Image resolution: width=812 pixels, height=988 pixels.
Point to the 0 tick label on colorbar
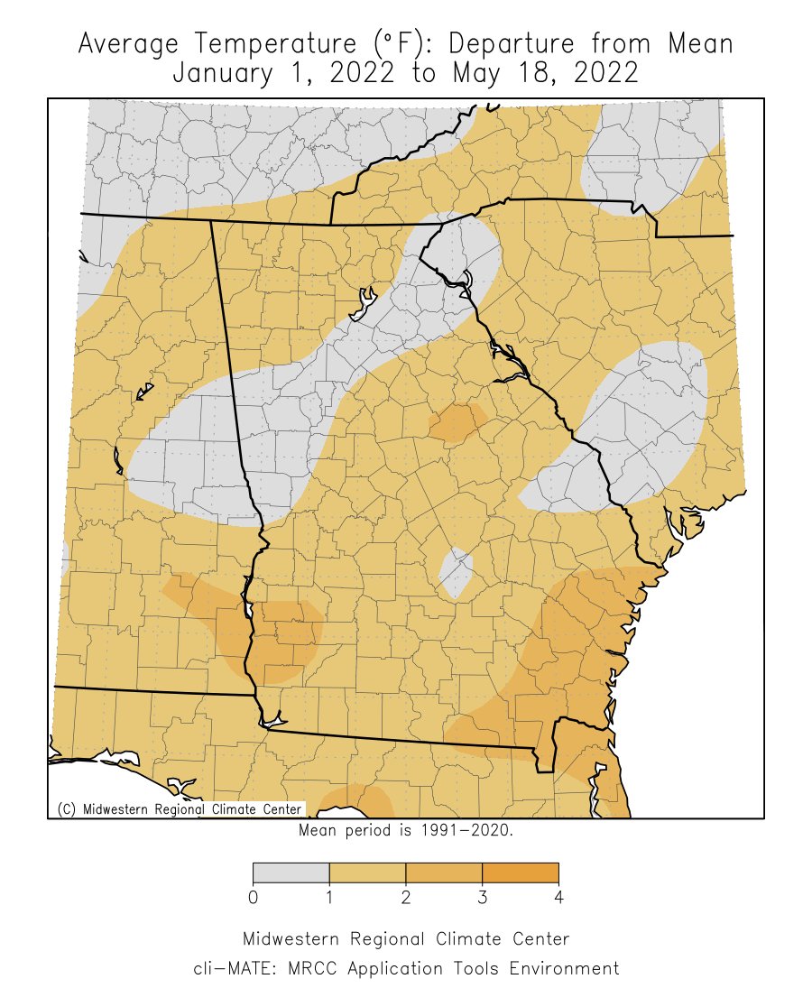coord(254,898)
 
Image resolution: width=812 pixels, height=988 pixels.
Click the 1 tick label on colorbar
coord(329,898)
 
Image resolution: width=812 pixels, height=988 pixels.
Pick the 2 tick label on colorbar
coord(406,898)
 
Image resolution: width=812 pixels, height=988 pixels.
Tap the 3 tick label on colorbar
coord(483,898)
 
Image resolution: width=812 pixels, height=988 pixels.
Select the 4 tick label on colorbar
coord(558,898)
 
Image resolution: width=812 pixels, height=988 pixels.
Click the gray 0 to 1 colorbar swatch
coord(291,873)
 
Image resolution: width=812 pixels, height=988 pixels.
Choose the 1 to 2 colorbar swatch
coord(367,873)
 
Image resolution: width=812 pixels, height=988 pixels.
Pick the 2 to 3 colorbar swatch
coord(444,873)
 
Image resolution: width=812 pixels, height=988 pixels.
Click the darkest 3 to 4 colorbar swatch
coord(521,873)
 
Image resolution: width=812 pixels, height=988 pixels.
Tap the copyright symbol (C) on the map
coord(67,809)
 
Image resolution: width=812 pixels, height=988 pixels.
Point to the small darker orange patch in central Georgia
coord(457,422)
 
